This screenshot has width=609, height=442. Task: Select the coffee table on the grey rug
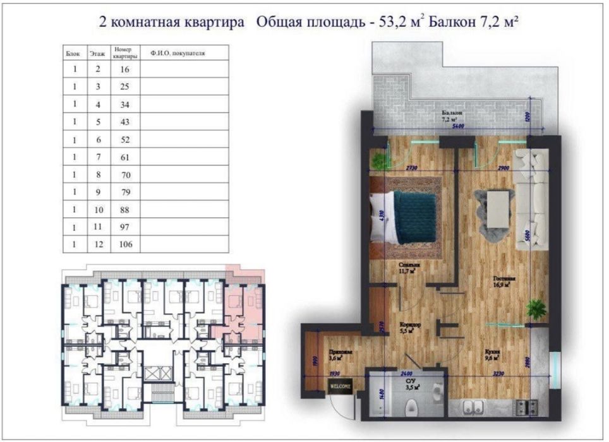tap(498, 210)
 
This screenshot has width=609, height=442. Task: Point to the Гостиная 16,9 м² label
tap(505, 281)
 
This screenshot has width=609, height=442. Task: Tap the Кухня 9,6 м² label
tap(492, 355)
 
